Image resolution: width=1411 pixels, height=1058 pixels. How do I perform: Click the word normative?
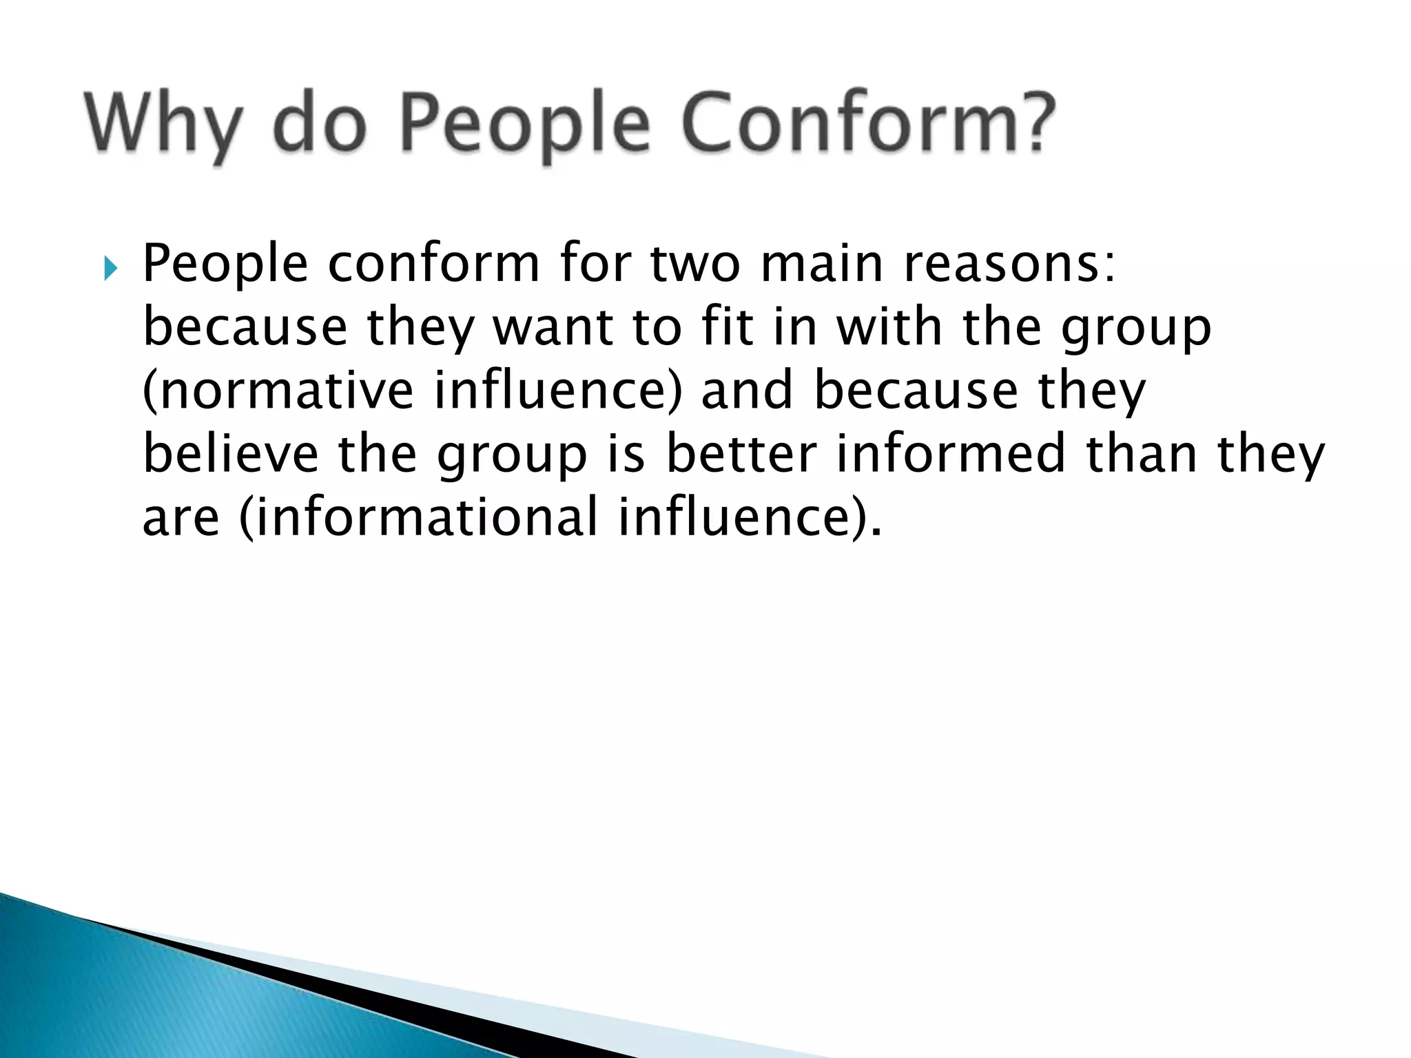278,391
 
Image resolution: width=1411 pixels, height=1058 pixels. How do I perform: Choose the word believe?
231,454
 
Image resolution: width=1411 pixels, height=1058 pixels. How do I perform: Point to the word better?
741,454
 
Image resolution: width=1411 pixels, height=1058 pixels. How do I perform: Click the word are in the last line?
181,519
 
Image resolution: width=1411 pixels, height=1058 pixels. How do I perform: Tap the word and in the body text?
747,391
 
